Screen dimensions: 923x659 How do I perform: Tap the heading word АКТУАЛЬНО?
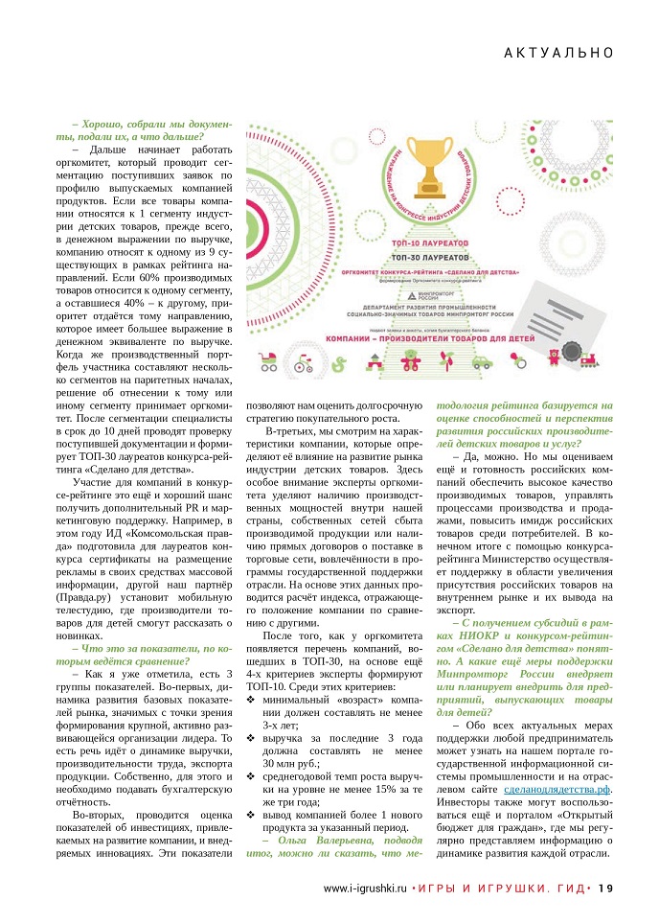(x=558, y=54)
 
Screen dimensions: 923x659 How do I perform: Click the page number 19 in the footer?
(x=605, y=888)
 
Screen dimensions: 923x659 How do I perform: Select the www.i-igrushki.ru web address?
(x=365, y=888)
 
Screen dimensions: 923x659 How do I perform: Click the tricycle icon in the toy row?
(x=304, y=364)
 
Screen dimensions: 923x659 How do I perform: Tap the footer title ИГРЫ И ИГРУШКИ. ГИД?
(x=499, y=888)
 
